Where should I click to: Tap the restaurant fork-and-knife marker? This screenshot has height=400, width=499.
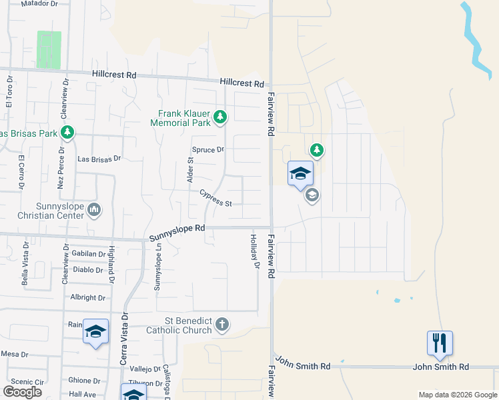click(x=440, y=343)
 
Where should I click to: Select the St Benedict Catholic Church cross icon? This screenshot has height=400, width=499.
click(x=222, y=325)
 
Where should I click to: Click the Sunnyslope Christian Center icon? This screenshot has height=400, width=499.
click(x=94, y=211)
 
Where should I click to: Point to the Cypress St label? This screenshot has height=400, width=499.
click(x=215, y=198)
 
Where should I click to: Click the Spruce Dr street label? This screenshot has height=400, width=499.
click(x=207, y=150)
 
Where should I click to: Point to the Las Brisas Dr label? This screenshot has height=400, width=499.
click(x=99, y=159)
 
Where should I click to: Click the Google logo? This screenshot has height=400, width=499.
click(x=21, y=392)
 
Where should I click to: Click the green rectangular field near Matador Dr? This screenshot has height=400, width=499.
click(x=49, y=49)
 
